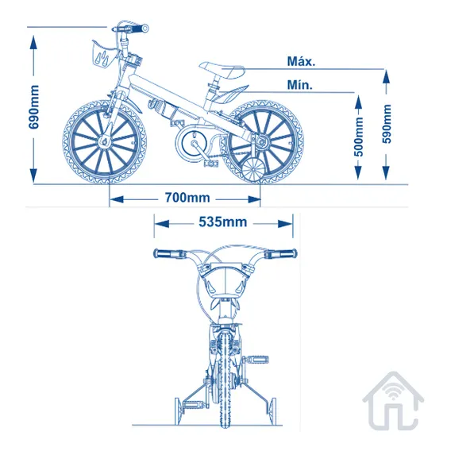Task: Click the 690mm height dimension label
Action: tap(33, 107)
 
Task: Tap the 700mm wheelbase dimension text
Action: tap(187, 198)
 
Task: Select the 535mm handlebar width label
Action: tap(223, 222)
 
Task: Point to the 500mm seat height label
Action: tap(359, 137)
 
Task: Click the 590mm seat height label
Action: tap(387, 124)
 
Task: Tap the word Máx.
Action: tap(301, 61)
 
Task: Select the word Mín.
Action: tap(299, 85)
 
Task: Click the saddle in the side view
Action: tap(222, 70)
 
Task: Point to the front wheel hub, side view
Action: tap(104, 141)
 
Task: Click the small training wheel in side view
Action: tap(255, 171)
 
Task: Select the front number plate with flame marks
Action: tap(103, 54)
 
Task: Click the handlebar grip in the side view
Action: tap(138, 29)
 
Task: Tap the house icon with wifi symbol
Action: tap(393, 401)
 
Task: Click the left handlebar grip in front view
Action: tap(165, 253)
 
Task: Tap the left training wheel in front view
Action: tap(179, 411)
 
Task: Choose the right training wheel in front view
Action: tap(272, 411)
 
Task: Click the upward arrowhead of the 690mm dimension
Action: tap(33, 43)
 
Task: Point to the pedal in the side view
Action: tap(211, 164)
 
